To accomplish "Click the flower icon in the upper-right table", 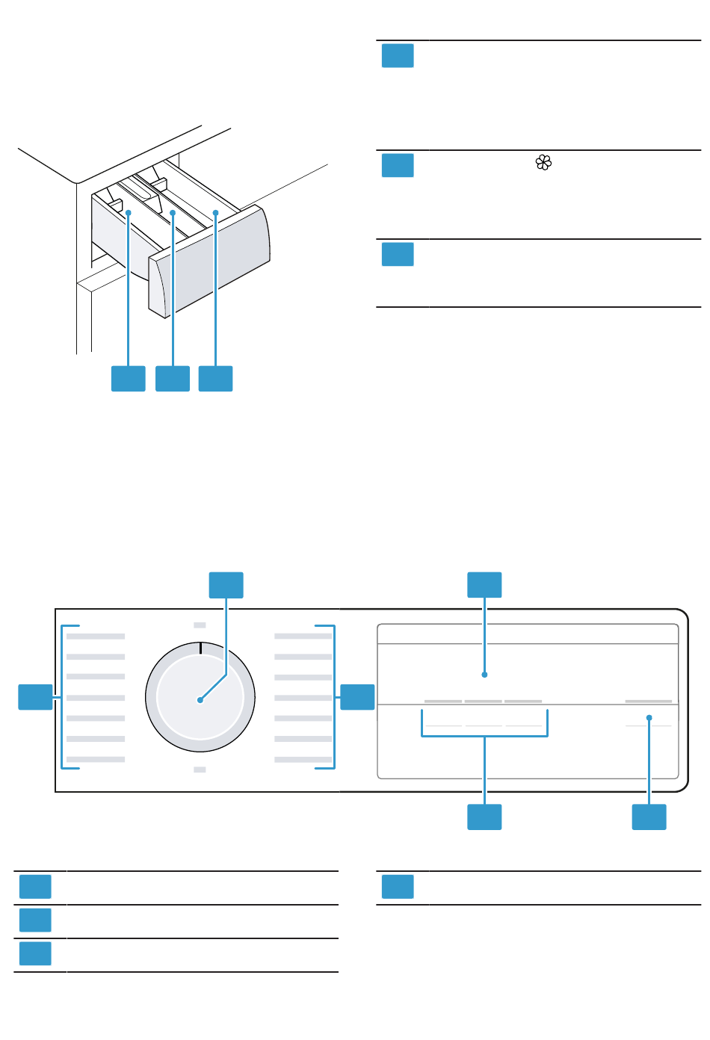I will [x=543, y=162].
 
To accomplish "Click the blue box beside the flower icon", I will [x=398, y=165].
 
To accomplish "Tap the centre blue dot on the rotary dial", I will [x=200, y=700].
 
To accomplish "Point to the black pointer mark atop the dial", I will [x=200, y=648].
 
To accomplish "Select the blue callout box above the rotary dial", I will [x=226, y=585].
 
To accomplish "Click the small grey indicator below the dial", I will [x=200, y=770].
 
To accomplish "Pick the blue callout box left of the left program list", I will [x=35, y=697].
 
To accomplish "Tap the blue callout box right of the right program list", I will [x=357, y=697].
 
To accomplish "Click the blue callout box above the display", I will [x=484, y=585].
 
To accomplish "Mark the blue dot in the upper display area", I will [x=485, y=675].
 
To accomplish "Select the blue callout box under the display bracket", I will [x=484, y=817].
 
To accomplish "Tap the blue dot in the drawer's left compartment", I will [x=129, y=213].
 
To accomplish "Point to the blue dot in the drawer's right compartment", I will [x=215, y=213].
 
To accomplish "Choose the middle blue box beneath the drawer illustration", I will [x=173, y=379].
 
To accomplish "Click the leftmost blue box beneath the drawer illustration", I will [x=129, y=379].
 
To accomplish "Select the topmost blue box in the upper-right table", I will [x=398, y=56].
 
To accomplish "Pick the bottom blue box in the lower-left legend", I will [x=35, y=954].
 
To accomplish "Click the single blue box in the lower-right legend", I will [x=398, y=887].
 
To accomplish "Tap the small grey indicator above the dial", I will [x=200, y=625].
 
